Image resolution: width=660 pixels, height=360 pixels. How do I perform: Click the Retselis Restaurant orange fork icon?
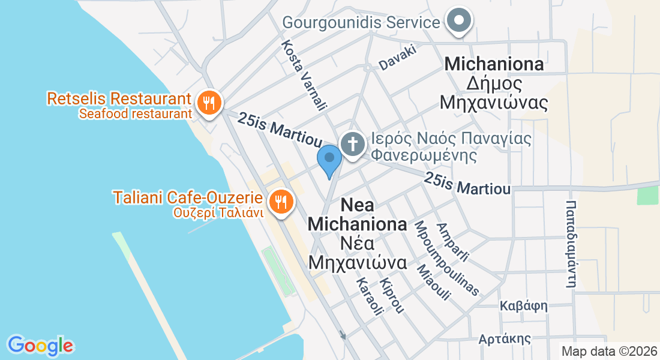[208, 102]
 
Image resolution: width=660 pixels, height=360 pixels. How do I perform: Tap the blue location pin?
[329, 160]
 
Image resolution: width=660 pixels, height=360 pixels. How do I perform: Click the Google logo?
[40, 346]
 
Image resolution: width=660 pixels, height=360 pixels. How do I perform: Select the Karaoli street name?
[370, 296]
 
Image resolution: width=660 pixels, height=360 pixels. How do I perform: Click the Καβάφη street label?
[523, 306]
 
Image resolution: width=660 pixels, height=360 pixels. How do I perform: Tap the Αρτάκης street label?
[505, 339]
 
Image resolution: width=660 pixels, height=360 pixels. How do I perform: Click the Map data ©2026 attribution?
[609, 352]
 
